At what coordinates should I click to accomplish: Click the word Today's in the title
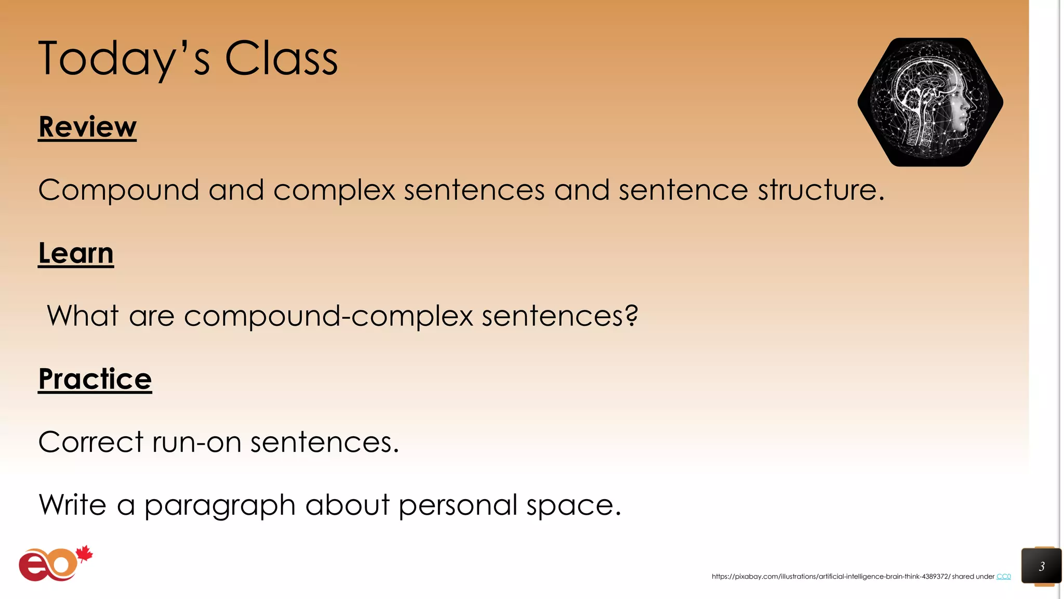click(124, 59)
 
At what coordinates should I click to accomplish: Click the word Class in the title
click(281, 59)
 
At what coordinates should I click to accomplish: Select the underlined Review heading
click(87, 127)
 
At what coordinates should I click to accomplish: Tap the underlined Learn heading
click(76, 253)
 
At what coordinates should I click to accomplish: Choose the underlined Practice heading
click(95, 379)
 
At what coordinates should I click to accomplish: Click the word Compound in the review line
click(118, 190)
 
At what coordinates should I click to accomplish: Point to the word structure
click(821, 190)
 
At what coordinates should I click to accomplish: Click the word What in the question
click(83, 316)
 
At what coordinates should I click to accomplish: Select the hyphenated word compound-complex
click(328, 317)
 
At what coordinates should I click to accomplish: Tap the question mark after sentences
click(631, 316)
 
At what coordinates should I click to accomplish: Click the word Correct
click(90, 442)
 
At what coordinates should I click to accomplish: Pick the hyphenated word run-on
click(196, 442)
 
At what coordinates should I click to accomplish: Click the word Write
click(73, 505)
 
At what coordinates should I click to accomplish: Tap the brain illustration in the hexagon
click(930, 102)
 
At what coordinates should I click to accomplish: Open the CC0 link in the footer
click(1003, 577)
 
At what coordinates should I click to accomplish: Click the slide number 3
click(1041, 566)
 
